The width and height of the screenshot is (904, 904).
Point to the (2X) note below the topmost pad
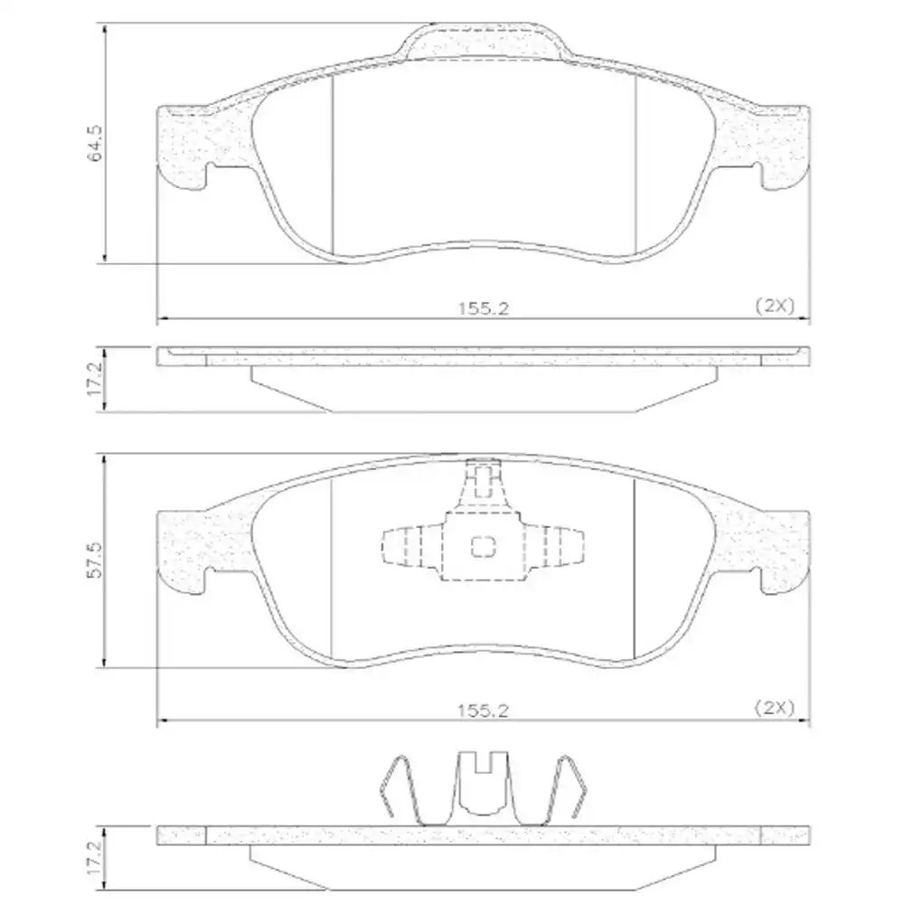click(x=774, y=306)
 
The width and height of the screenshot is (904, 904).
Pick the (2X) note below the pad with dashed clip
click(x=774, y=710)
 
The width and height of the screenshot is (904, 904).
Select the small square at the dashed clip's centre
click(x=485, y=546)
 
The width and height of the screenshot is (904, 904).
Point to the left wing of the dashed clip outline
click(x=411, y=547)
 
